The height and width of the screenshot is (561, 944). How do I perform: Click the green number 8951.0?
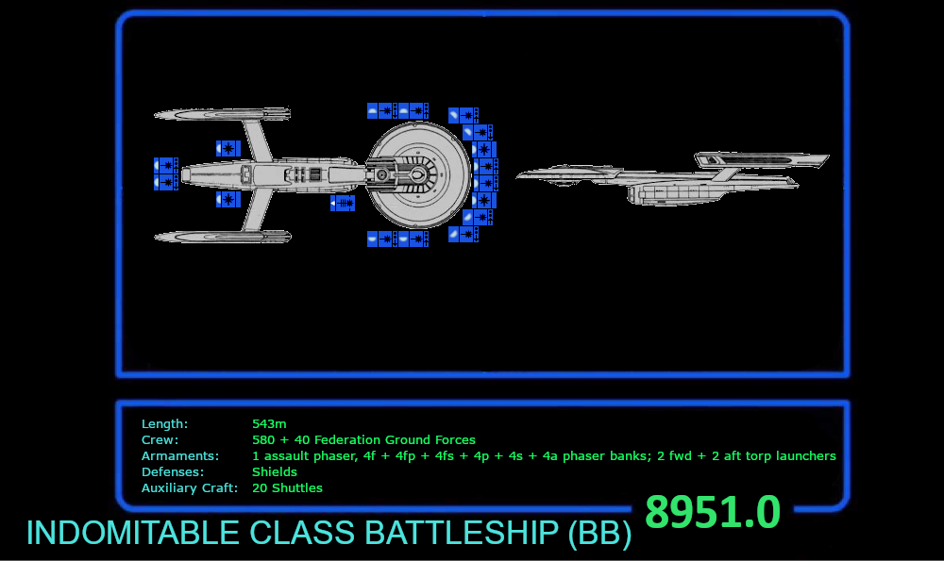pyautogui.click(x=713, y=513)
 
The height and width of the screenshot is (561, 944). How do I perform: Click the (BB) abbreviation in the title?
pyautogui.click(x=598, y=534)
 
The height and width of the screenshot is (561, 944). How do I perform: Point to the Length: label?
pyautogui.click(x=164, y=424)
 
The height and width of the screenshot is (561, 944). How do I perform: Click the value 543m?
pyautogui.click(x=269, y=424)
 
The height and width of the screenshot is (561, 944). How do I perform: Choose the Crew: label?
pyautogui.click(x=160, y=440)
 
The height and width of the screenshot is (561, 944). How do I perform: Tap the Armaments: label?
pyautogui.click(x=179, y=456)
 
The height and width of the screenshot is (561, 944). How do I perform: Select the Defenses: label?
pyautogui.click(x=175, y=472)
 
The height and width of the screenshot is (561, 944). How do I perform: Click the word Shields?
pyautogui.click(x=275, y=472)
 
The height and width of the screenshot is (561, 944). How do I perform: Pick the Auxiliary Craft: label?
pyautogui.click(x=190, y=488)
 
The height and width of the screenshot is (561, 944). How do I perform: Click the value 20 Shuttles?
pyautogui.click(x=287, y=488)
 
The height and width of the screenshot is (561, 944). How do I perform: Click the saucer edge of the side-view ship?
pyautogui.click(x=566, y=174)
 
